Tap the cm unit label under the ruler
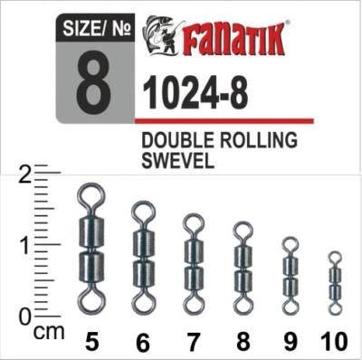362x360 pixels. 52,331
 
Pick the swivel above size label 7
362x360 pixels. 193,257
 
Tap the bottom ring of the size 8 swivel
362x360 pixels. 243,300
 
